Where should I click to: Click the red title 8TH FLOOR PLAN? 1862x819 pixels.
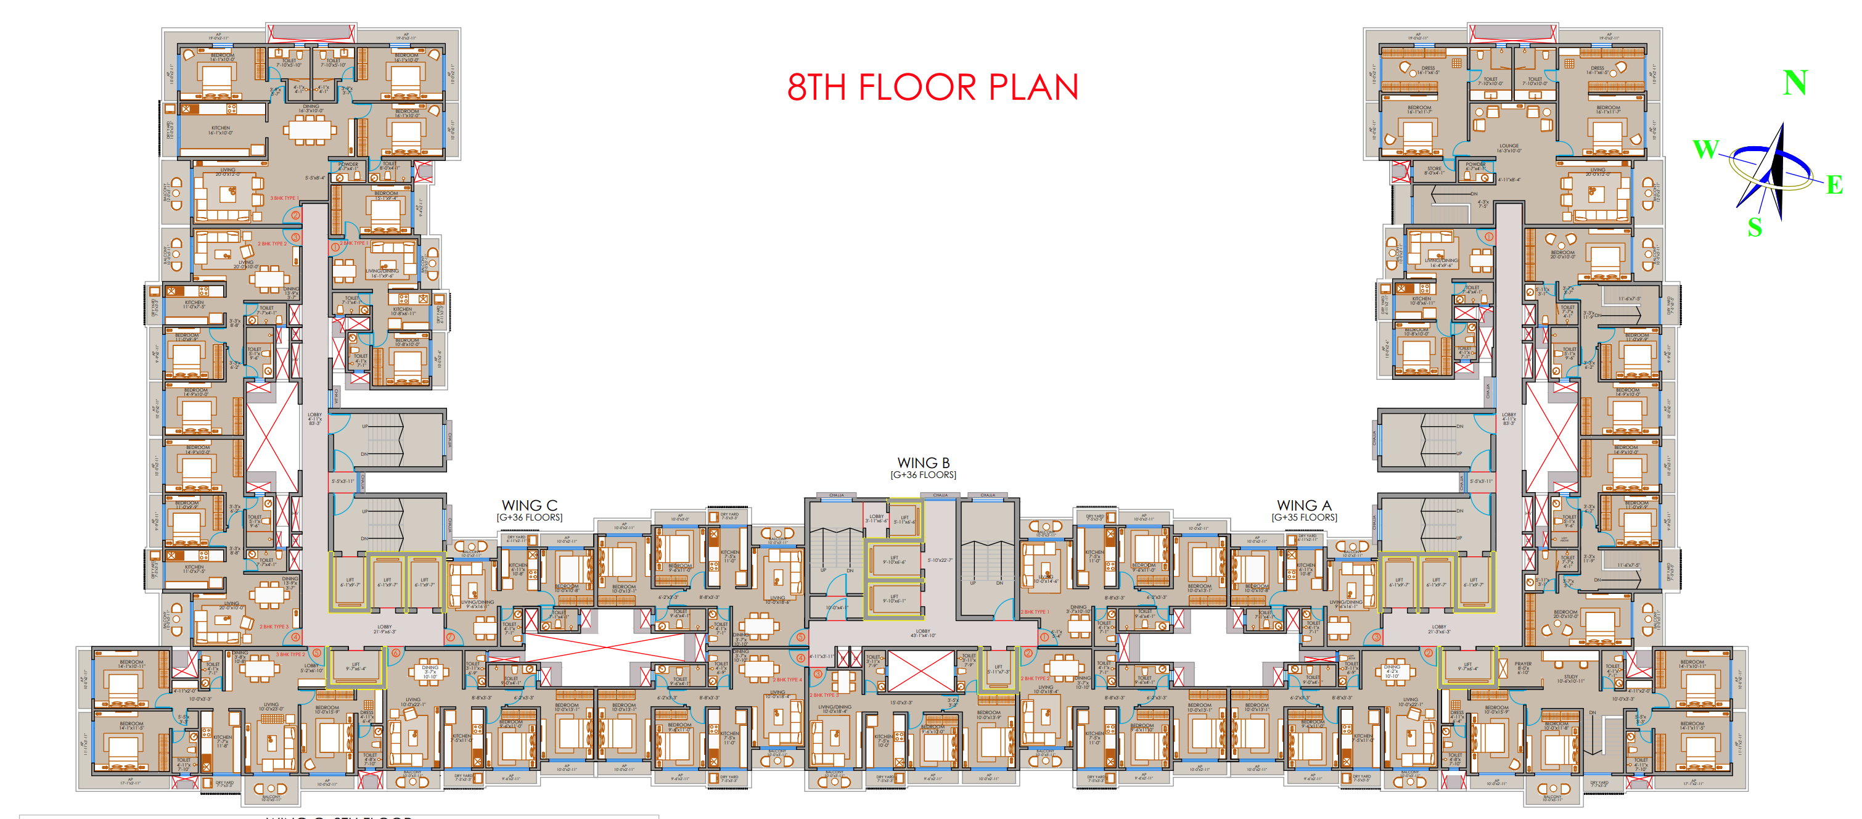[x=932, y=87]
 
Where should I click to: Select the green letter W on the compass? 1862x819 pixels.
[x=1706, y=149]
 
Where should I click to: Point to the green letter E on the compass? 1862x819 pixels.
[x=1834, y=185]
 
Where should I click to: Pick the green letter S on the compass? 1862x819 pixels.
[x=1754, y=228]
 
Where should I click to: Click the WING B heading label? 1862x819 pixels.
[x=923, y=463]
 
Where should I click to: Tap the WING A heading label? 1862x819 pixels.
[x=1303, y=505]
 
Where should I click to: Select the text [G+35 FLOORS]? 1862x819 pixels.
[x=1304, y=517]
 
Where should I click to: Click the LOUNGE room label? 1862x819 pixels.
[x=1509, y=147]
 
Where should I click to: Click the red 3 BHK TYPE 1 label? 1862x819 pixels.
[x=284, y=198]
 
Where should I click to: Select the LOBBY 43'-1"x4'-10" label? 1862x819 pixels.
[x=923, y=633]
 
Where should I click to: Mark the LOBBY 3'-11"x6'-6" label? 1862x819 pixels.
[x=876, y=518]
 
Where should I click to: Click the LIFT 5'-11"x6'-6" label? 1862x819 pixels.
[x=904, y=519]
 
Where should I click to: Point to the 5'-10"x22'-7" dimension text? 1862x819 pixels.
[x=940, y=560]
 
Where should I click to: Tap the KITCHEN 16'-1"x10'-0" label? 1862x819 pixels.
[x=221, y=130]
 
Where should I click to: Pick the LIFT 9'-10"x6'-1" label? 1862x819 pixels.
[x=894, y=599]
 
